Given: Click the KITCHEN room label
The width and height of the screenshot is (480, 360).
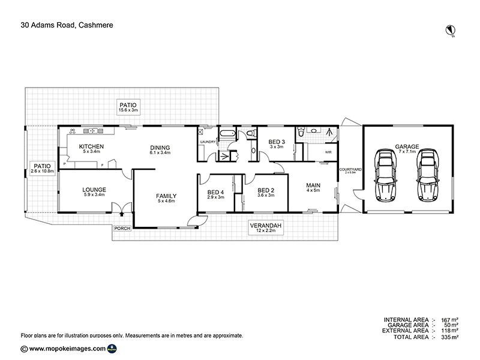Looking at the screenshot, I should point(92,146).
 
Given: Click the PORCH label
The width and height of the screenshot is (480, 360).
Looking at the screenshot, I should point(122,229).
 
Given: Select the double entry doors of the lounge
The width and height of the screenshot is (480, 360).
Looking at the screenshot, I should point(122,210).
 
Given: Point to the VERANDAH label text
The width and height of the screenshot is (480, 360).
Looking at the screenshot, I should point(266,226).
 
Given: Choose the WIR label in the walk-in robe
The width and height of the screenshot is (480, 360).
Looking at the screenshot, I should point(328,152).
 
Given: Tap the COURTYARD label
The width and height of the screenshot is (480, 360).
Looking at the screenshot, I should point(350,170).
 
